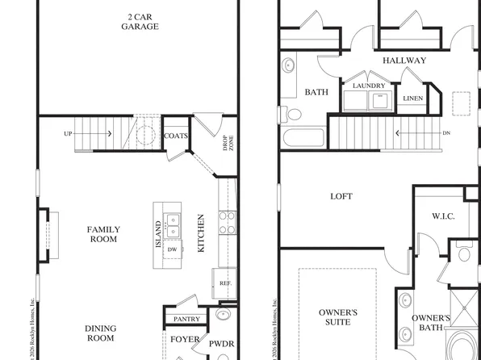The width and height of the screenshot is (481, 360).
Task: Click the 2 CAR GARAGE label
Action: tap(140, 21)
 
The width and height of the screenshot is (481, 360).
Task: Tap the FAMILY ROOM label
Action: tap(103, 234)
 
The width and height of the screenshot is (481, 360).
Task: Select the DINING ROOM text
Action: tap(101, 333)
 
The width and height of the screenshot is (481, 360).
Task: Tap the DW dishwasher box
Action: tap(171, 249)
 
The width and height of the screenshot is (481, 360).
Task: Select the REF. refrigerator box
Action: tap(225, 283)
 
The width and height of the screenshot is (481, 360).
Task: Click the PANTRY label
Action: tap(186, 320)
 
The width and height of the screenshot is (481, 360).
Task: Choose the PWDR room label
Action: tap(221, 345)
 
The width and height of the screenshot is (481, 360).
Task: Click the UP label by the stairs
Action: tap(69, 133)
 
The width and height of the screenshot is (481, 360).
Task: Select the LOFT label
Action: tap(341, 196)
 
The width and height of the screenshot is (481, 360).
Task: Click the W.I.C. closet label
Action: tap(444, 216)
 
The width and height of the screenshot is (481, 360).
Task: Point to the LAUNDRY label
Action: tap(368, 85)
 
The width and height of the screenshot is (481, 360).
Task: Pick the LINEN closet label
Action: tap(412, 98)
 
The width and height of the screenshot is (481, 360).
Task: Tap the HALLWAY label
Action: tap(404, 61)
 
